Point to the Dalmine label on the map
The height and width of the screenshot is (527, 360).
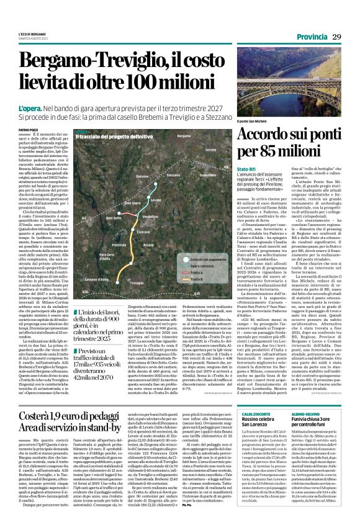pyautogui.click(x=143, y=176)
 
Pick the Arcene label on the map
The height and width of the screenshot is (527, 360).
pyautogui.click(x=148, y=245)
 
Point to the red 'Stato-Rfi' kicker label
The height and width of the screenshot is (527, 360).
pyautogui.click(x=246, y=169)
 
